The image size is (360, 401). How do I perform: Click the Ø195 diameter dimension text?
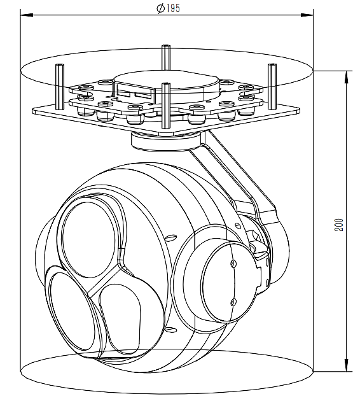coord(168,8)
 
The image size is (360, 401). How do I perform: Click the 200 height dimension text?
coord(339,225)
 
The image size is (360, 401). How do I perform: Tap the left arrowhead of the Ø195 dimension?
coord(27,15)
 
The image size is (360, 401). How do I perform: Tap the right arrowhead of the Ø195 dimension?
coord(307,15)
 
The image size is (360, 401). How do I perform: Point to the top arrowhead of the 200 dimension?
coord(346,77)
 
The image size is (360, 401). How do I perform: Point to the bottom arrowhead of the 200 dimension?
coord(346,365)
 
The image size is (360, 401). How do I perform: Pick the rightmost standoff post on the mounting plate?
coord(272,87)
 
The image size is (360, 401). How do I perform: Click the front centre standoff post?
coord(166,106)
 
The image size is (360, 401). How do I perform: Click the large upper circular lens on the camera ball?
coord(88,239)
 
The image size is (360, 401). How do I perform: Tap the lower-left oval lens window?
coord(72,311)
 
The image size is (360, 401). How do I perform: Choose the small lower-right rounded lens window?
coord(120,319)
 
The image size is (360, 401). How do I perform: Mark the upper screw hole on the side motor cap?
coord(233,264)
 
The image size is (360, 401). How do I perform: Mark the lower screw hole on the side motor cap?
coord(233,302)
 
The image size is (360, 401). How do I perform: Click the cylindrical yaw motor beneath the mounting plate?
coord(165,142)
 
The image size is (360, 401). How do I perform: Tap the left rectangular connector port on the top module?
coord(123,94)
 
